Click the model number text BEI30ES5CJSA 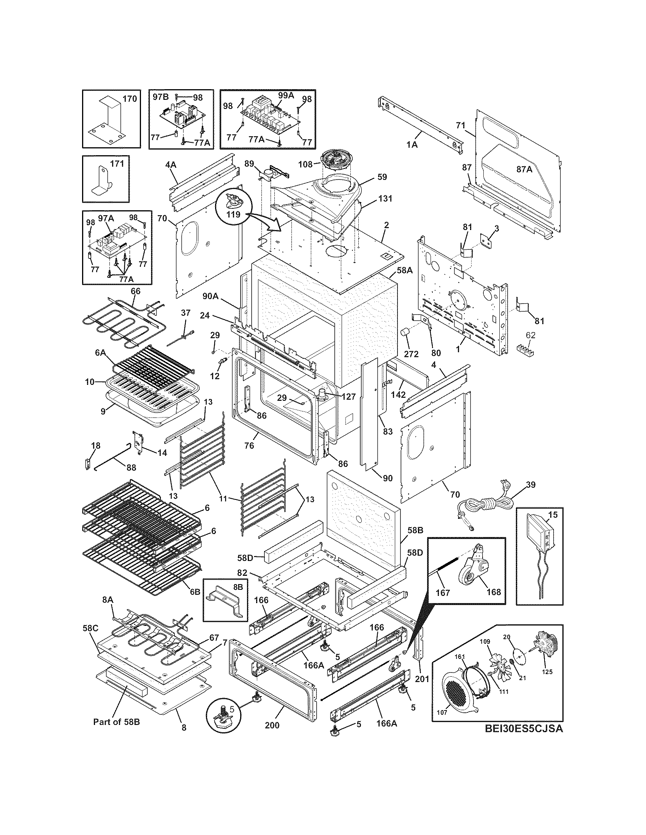[x=524, y=729]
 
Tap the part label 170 [x=129, y=99]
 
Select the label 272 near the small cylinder [x=411, y=354]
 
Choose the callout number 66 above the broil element [x=136, y=291]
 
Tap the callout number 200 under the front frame [x=272, y=725]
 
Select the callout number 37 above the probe [x=185, y=312]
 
